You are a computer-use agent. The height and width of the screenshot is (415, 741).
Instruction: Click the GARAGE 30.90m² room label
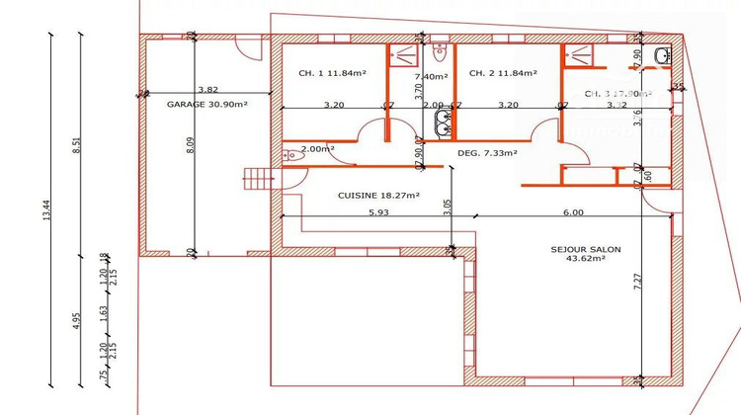pyautogui.click(x=206, y=104)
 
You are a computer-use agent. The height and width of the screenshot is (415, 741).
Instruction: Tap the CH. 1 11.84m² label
pyautogui.click(x=331, y=73)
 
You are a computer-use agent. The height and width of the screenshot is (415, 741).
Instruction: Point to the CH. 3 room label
pyautogui.click(x=617, y=94)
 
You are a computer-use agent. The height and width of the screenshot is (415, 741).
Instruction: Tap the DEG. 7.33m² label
pyautogui.click(x=490, y=153)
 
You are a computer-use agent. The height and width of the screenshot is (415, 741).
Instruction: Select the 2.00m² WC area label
pyautogui.click(x=317, y=149)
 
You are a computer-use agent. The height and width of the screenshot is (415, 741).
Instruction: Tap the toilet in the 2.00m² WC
pyautogui.click(x=290, y=155)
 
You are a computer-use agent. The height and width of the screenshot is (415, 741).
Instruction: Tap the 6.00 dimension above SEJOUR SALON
pyautogui.click(x=573, y=210)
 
